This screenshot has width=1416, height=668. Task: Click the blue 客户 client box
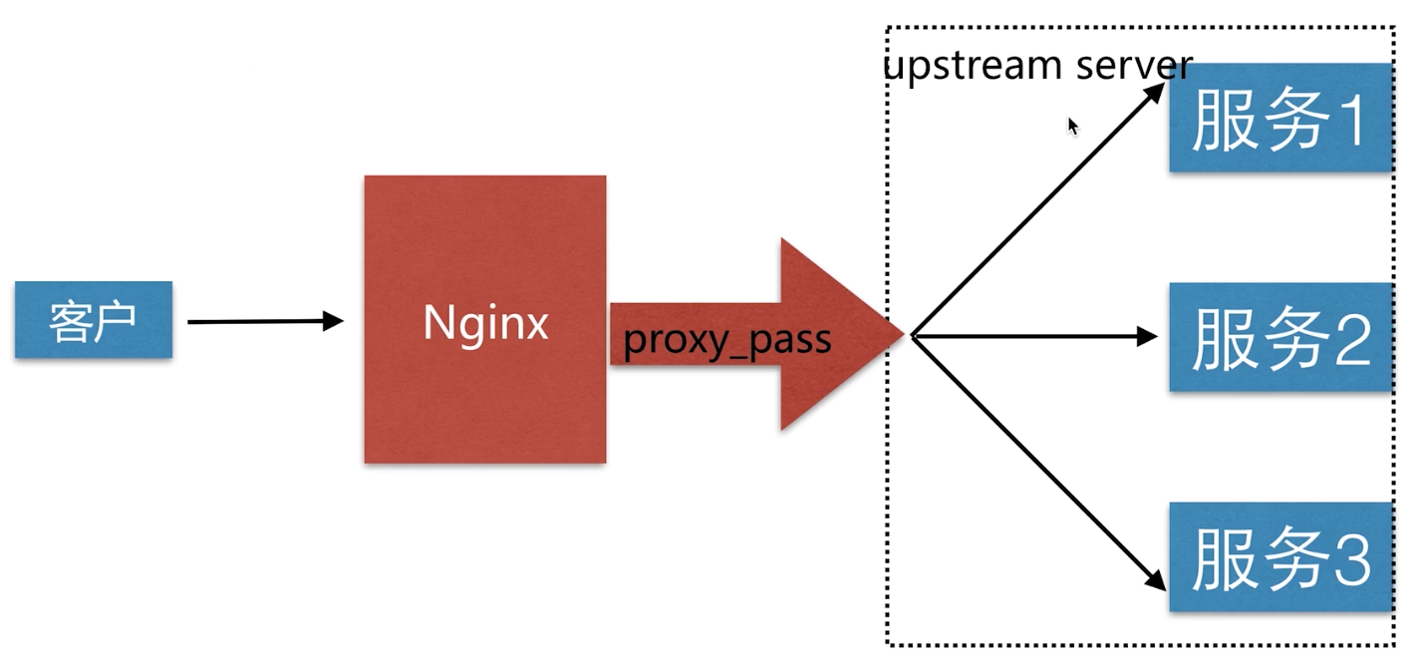point(93,319)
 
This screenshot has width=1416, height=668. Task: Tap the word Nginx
point(485,322)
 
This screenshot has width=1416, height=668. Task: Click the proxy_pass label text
point(726,340)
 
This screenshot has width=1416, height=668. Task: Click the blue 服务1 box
point(1280,117)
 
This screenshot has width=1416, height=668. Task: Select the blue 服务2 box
point(1280,336)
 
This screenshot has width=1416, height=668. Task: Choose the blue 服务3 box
point(1280,556)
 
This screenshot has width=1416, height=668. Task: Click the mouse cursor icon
point(1072,126)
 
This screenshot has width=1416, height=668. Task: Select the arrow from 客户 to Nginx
point(264,321)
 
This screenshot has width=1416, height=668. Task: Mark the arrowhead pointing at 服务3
point(1156,580)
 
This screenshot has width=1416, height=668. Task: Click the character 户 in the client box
point(117,321)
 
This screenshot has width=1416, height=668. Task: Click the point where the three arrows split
point(913,336)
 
